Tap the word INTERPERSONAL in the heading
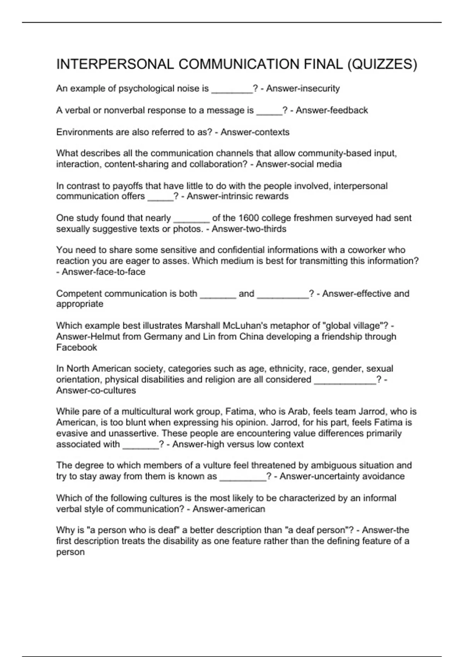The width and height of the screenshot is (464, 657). tap(115, 65)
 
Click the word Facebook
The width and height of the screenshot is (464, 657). tap(77, 347)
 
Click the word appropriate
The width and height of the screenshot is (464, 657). tap(80, 304)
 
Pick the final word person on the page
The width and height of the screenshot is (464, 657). tap(70, 552)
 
